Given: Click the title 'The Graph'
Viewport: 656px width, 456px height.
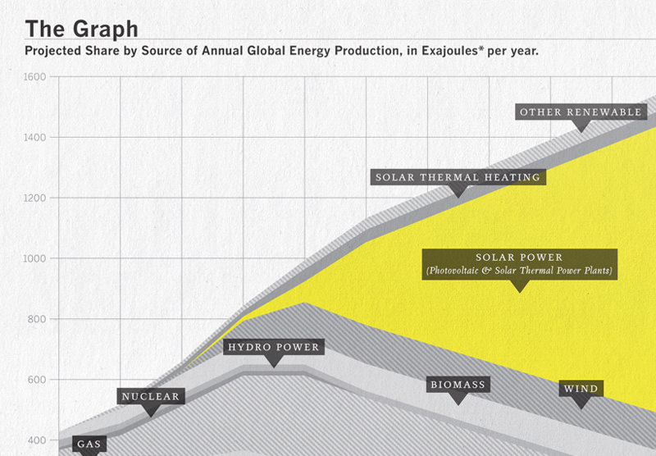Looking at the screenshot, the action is [x=81, y=30].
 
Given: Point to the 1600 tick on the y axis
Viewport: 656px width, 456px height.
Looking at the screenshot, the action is [x=34, y=77].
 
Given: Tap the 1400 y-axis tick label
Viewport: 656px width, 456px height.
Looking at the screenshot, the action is [x=34, y=137].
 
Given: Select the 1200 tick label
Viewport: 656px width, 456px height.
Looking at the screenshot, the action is [x=34, y=198].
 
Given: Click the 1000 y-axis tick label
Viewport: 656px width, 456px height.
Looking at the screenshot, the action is [x=34, y=258].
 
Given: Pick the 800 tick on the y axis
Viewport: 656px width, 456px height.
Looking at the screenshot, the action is [x=37, y=319].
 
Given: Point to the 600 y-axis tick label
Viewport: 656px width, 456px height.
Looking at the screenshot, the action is [x=37, y=380].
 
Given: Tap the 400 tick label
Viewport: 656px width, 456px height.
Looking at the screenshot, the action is [x=37, y=440].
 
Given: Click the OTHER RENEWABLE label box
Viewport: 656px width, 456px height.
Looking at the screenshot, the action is [x=581, y=112].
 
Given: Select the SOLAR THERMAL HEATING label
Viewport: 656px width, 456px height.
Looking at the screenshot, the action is [x=458, y=177].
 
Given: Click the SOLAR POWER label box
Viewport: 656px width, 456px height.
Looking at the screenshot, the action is [x=520, y=264].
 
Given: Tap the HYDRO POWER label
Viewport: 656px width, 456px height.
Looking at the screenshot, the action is [x=274, y=347].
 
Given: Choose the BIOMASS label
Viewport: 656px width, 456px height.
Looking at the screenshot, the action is [x=458, y=385].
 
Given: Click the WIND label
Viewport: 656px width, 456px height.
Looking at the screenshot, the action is [x=581, y=389].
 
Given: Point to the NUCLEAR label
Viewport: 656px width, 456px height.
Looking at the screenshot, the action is [x=151, y=396].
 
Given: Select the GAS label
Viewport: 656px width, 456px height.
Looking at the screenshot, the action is [x=89, y=444].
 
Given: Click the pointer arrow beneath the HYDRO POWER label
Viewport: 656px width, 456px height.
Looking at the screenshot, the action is [x=274, y=361].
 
